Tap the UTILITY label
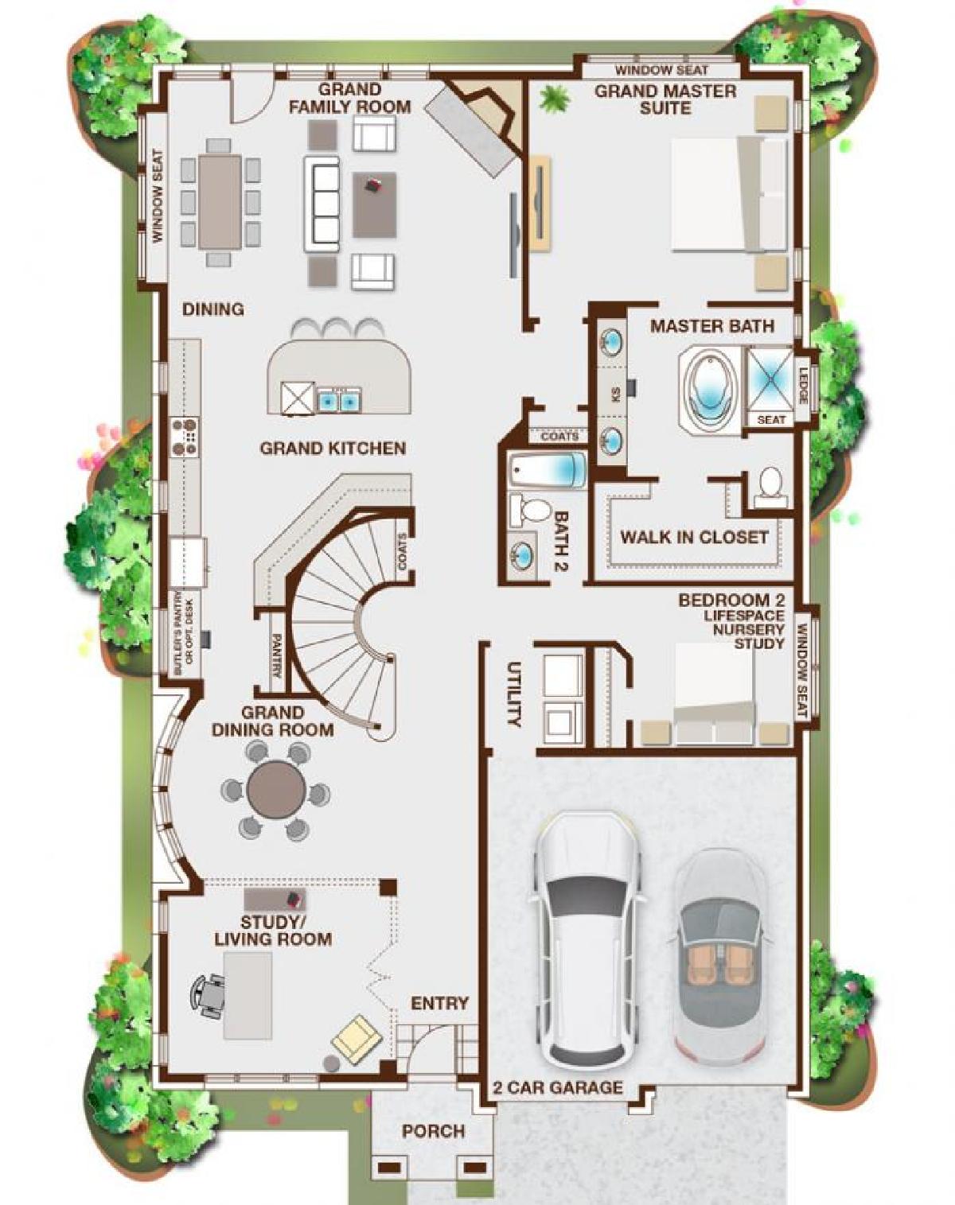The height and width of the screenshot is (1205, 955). [x=513, y=694]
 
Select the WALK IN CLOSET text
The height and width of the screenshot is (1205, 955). [x=694, y=537]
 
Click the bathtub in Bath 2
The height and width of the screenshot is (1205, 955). [x=547, y=468]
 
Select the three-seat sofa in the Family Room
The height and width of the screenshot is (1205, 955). [x=322, y=204]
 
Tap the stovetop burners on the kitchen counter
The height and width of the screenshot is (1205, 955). [x=186, y=436]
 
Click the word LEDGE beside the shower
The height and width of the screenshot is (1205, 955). [x=803, y=385]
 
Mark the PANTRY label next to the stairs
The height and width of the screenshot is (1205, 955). [x=275, y=655]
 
